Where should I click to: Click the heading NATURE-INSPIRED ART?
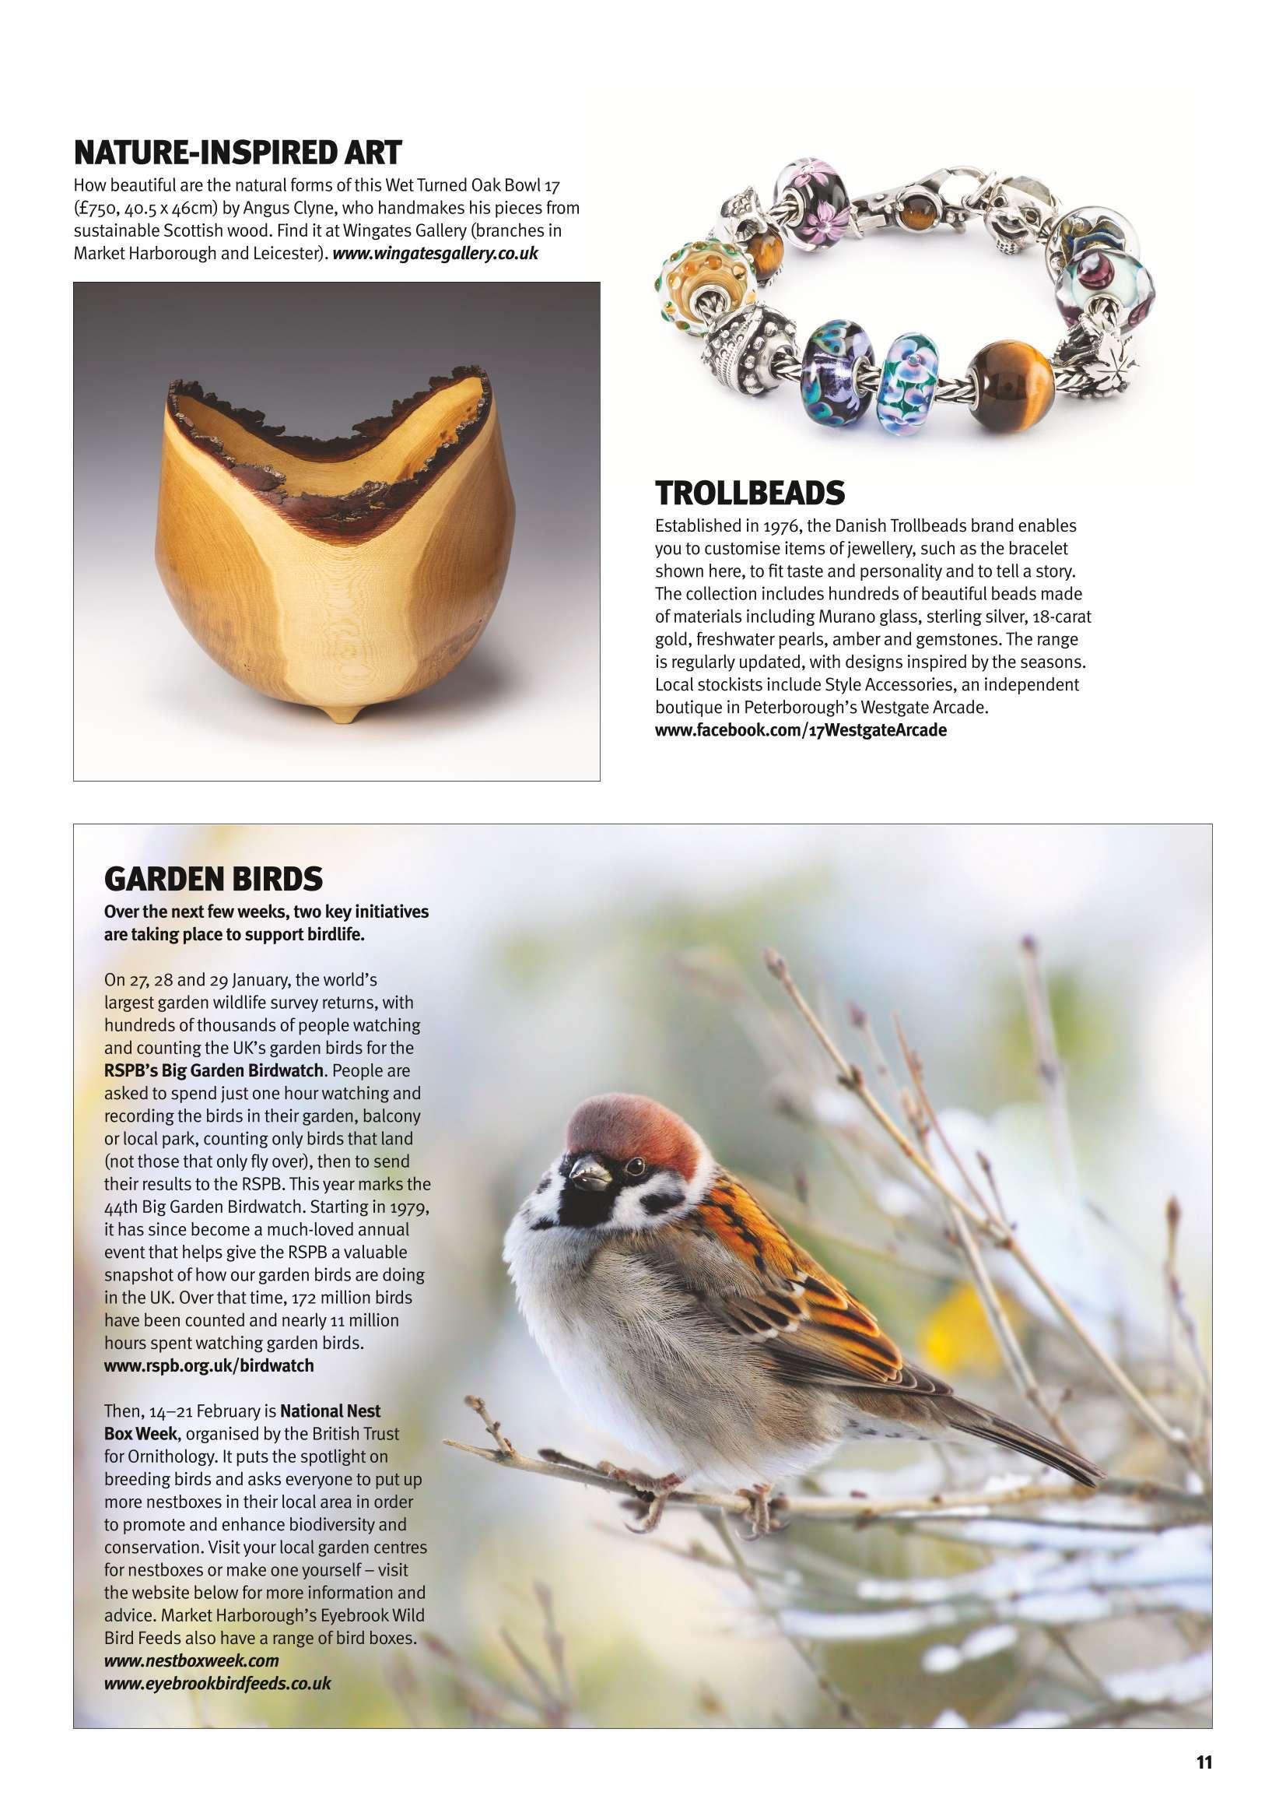238,151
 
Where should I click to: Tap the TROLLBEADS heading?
749,493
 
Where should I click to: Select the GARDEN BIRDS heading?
213,878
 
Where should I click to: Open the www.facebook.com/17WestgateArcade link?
801,731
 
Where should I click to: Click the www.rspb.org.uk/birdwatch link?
209,1365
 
